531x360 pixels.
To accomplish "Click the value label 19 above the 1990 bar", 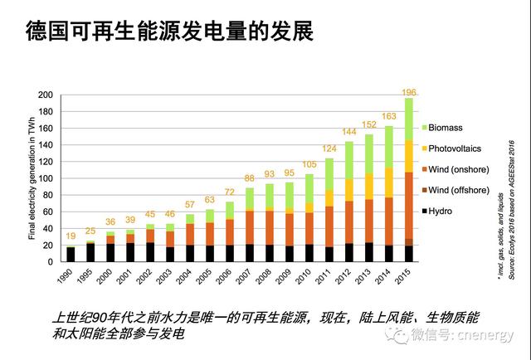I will (x=71, y=236).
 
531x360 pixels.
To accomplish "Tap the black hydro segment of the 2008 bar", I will (x=269, y=253).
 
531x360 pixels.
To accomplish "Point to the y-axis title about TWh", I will (x=31, y=179).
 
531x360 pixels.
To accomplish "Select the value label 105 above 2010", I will (x=310, y=165).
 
